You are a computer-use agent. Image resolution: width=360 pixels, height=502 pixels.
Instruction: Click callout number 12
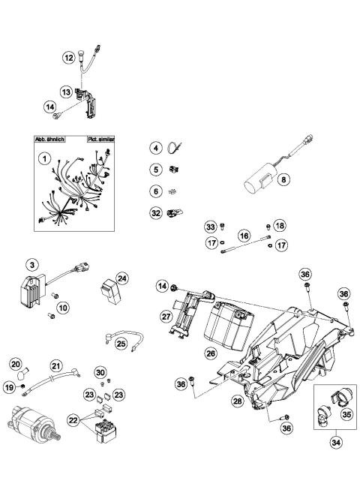[x=68, y=56]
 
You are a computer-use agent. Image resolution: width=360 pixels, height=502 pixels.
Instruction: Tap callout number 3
[x=31, y=264]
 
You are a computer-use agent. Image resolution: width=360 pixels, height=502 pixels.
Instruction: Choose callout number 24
[x=122, y=278]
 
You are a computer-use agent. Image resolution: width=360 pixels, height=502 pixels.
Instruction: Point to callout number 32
[x=155, y=212]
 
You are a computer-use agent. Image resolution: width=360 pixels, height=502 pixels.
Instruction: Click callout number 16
[x=243, y=235]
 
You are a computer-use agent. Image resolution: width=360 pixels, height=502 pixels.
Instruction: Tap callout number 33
[x=211, y=227]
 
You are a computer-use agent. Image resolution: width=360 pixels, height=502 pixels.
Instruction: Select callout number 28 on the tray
[x=237, y=402]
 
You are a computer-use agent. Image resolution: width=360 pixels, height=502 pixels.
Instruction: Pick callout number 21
[x=55, y=365]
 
